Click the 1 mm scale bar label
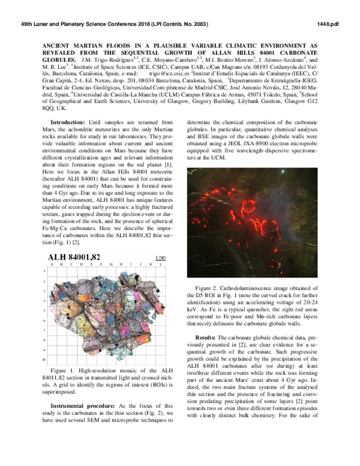pyautogui.click(x=160, y=258)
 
